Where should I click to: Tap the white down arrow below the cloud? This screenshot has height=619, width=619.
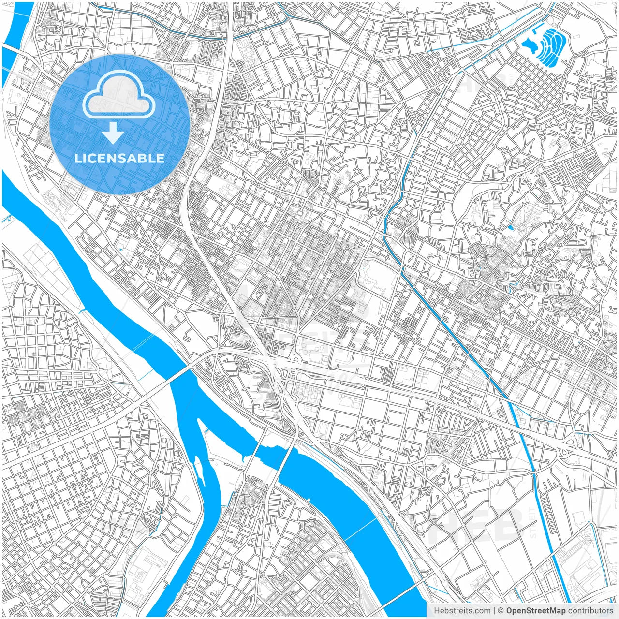[113, 133]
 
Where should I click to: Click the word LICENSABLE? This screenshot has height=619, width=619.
[119, 159]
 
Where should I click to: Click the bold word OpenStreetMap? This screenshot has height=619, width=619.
[536, 611]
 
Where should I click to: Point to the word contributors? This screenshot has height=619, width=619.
[590, 611]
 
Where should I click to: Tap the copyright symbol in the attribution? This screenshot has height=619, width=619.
[501, 611]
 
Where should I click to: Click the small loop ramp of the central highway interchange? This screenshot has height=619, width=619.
[294, 359]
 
